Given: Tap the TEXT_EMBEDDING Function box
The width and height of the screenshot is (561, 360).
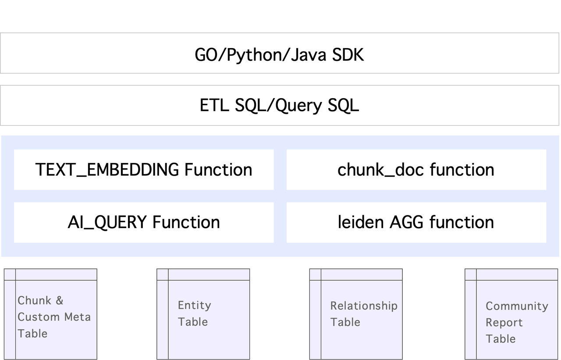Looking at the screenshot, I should point(144,170).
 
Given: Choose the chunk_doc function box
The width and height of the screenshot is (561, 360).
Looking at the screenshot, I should point(416,170).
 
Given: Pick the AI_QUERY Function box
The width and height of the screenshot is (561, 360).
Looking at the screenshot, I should point(144,222).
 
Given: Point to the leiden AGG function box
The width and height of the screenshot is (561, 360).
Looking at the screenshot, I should point(416,222).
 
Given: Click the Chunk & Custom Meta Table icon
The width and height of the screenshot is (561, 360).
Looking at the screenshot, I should point(50,314).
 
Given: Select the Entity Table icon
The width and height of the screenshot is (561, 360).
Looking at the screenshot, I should point(203,314).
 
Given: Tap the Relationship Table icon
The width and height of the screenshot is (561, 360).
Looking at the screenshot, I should point(355,314).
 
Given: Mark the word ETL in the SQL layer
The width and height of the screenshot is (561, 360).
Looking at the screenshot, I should point(215,106).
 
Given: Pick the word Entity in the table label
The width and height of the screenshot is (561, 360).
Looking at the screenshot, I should point(195,305).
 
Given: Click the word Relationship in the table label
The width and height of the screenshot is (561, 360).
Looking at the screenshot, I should point(364,306).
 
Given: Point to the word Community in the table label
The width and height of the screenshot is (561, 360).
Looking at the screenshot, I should point(517,306).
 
